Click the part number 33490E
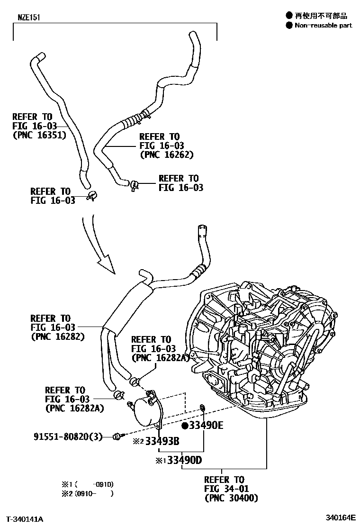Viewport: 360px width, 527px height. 206,425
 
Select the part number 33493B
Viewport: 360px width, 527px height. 162,442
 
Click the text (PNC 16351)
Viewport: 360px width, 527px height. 39,135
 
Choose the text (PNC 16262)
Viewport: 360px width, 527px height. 167,154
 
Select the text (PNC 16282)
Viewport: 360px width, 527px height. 57,336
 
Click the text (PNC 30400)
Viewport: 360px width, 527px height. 231,498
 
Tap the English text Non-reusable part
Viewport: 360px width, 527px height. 324,25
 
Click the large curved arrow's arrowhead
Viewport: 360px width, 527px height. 106,265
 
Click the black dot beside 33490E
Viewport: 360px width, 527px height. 185,425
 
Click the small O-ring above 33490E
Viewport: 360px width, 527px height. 202,406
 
